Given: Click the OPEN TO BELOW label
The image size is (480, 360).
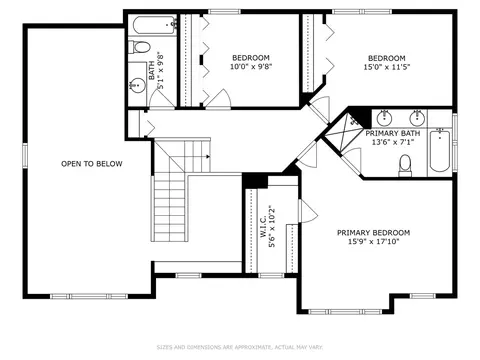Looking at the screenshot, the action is pyautogui.click(x=92, y=164).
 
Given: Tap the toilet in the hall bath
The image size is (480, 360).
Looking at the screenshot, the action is pyautogui.click(x=139, y=47).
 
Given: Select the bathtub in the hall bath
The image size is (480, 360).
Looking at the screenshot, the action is pyautogui.click(x=155, y=25).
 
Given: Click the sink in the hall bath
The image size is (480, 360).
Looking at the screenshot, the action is pyautogui.click(x=137, y=85).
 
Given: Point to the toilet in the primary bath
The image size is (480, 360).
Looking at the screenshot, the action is pyautogui.click(x=405, y=166).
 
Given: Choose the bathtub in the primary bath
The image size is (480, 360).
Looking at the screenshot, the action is pyautogui.click(x=440, y=151).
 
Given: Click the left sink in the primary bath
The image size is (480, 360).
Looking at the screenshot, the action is pyautogui.click(x=384, y=117).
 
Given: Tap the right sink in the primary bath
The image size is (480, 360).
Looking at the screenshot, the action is pyautogui.click(x=417, y=117).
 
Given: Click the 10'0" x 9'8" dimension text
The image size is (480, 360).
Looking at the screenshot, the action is pyautogui.click(x=251, y=67).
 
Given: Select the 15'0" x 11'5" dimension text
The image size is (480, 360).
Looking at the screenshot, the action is pyautogui.click(x=387, y=67).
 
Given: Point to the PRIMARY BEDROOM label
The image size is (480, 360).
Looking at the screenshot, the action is pyautogui.click(x=373, y=233).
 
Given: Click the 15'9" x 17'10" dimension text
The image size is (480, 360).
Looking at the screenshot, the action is pyautogui.click(x=373, y=242).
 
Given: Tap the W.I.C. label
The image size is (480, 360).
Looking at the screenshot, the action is pyautogui.click(x=263, y=226).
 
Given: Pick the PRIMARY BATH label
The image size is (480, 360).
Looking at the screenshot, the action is pyautogui.click(x=393, y=133).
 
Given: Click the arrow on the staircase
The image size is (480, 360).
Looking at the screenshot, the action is pyautogui.click(x=208, y=156).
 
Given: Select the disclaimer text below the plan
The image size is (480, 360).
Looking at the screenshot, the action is pyautogui.click(x=240, y=347).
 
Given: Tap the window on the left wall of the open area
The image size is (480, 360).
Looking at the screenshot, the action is pyautogui.click(x=25, y=155).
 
